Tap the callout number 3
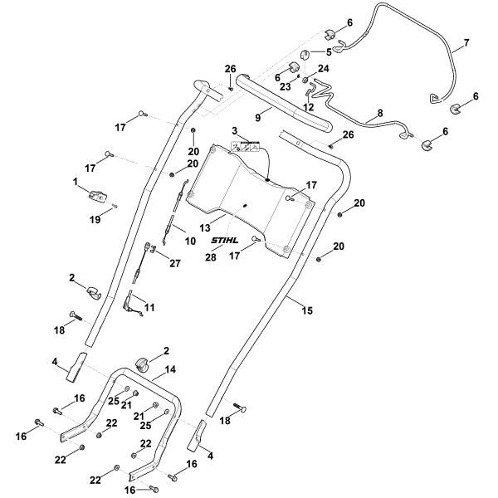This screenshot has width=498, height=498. (235, 131)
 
